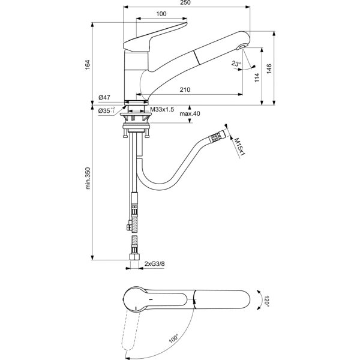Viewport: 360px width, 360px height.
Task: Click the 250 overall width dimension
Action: (x=185, y=2)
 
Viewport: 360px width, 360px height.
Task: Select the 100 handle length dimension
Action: (x=161, y=14)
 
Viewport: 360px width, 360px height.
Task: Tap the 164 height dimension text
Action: (x=88, y=65)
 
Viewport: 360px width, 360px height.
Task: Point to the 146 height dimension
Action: (x=269, y=69)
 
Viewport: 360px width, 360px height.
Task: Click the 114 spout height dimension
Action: (x=257, y=77)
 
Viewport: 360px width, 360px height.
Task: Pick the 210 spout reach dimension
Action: (x=185, y=89)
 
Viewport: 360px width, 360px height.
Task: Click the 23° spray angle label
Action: (x=236, y=64)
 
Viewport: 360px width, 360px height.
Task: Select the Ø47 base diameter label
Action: (x=104, y=98)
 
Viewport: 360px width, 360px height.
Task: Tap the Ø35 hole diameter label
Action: (x=106, y=110)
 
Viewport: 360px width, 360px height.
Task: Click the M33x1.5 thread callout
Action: (x=162, y=110)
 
